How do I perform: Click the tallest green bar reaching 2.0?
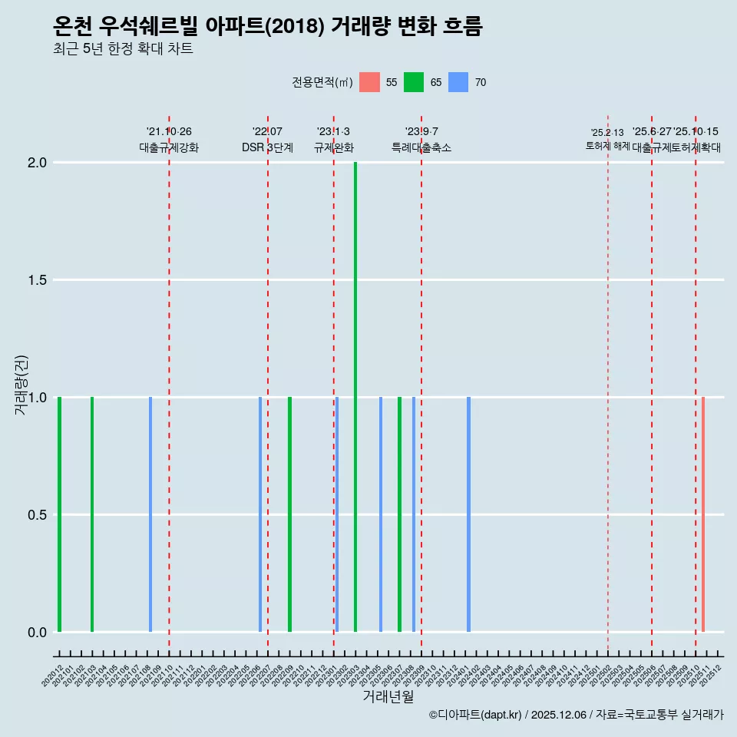[355, 397]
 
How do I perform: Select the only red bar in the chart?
[703, 514]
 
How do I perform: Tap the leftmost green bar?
[59, 514]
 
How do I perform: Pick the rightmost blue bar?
[468, 514]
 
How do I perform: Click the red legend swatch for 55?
[369, 82]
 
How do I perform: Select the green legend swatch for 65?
[414, 82]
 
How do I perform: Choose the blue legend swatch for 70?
[458, 82]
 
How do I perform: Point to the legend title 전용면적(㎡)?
[322, 82]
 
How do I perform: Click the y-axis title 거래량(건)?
[21, 385]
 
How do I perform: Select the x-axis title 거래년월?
[388, 697]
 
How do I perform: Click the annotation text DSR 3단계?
[267, 147]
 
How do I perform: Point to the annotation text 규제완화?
[334, 147]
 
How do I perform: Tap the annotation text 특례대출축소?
[421, 147]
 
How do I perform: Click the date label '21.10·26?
[169, 131]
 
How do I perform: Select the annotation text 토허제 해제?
[608, 145]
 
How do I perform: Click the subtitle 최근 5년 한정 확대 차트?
[123, 49]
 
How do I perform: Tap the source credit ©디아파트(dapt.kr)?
[476, 715]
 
